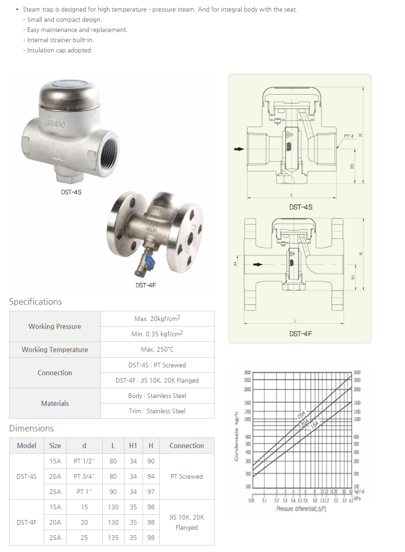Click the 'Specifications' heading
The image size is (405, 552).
tap(35, 302)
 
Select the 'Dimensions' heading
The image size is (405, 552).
tap(31, 428)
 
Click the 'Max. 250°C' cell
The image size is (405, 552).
tap(157, 349)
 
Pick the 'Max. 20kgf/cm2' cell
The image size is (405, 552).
tap(157, 319)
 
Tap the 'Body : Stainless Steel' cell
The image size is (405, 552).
tap(157, 396)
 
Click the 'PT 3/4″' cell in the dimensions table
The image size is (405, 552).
tap(84, 476)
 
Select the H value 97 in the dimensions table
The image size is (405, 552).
tap(151, 492)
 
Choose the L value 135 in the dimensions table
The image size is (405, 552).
tap(113, 538)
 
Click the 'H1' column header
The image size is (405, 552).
tap(133, 446)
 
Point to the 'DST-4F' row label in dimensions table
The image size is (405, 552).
tap(26, 522)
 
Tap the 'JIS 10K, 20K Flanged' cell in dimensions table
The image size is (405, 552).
tap(186, 522)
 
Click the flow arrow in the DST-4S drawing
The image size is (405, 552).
tap(239, 149)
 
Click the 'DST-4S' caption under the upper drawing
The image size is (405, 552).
tap(300, 207)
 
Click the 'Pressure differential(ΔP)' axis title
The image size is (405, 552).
tap(301, 509)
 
